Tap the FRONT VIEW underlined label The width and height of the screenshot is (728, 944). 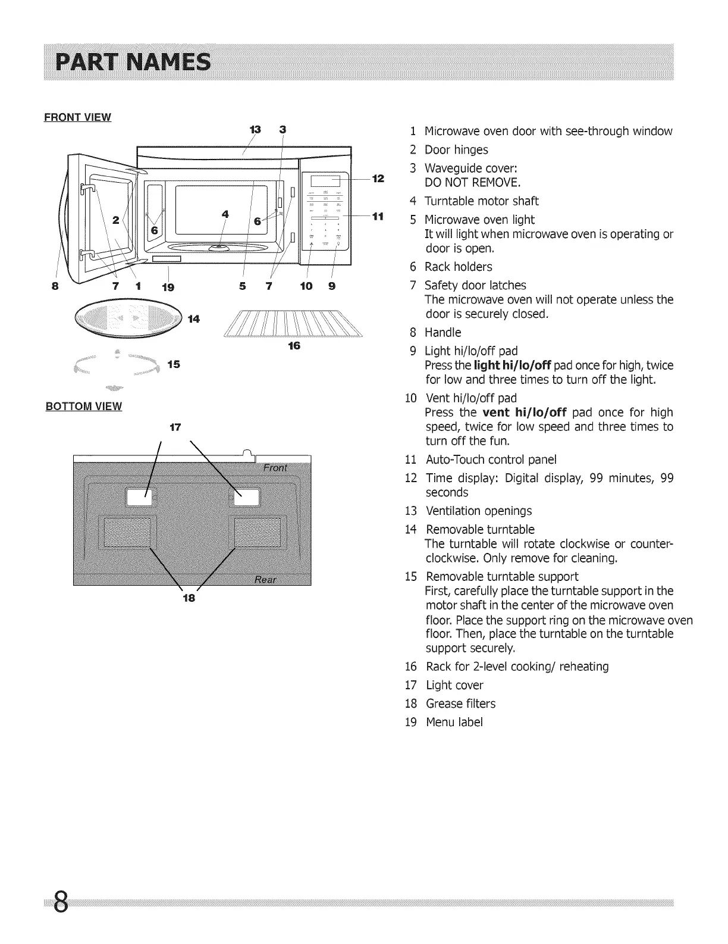click(78, 117)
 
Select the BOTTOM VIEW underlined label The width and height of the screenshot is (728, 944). click(84, 407)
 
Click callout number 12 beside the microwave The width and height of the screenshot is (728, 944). click(378, 179)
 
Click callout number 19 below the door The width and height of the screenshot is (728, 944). click(168, 287)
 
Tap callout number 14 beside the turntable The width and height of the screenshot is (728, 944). click(193, 319)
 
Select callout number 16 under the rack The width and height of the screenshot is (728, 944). click(293, 345)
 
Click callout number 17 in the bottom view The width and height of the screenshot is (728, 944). click(175, 427)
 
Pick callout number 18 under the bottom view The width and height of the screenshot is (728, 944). click(189, 598)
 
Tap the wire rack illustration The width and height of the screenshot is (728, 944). click(294, 324)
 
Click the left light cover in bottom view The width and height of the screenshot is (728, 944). click(138, 498)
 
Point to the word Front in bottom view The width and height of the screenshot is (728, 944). click(275, 468)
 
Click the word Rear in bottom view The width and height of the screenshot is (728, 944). click(265, 580)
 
